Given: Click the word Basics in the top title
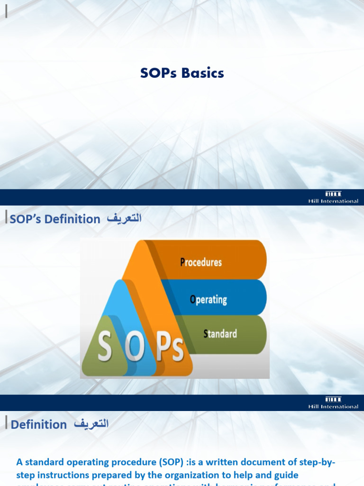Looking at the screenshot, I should [204, 73].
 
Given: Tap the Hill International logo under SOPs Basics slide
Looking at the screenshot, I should [333, 197].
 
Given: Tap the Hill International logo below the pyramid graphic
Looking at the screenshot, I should [333, 403].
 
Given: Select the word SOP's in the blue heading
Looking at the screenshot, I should [30, 219].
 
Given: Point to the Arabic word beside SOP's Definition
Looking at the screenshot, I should [124, 219].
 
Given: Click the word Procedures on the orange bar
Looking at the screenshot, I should [201, 262].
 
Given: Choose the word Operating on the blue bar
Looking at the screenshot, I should [208, 300].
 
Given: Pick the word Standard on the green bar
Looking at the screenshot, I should [220, 334].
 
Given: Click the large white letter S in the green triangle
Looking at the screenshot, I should [105, 347].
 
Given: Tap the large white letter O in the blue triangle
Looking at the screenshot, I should [136, 349].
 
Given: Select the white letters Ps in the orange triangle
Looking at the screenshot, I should [170, 350].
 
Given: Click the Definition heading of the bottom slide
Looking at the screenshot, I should [39, 424].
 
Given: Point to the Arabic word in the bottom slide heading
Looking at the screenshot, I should [91, 424].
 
